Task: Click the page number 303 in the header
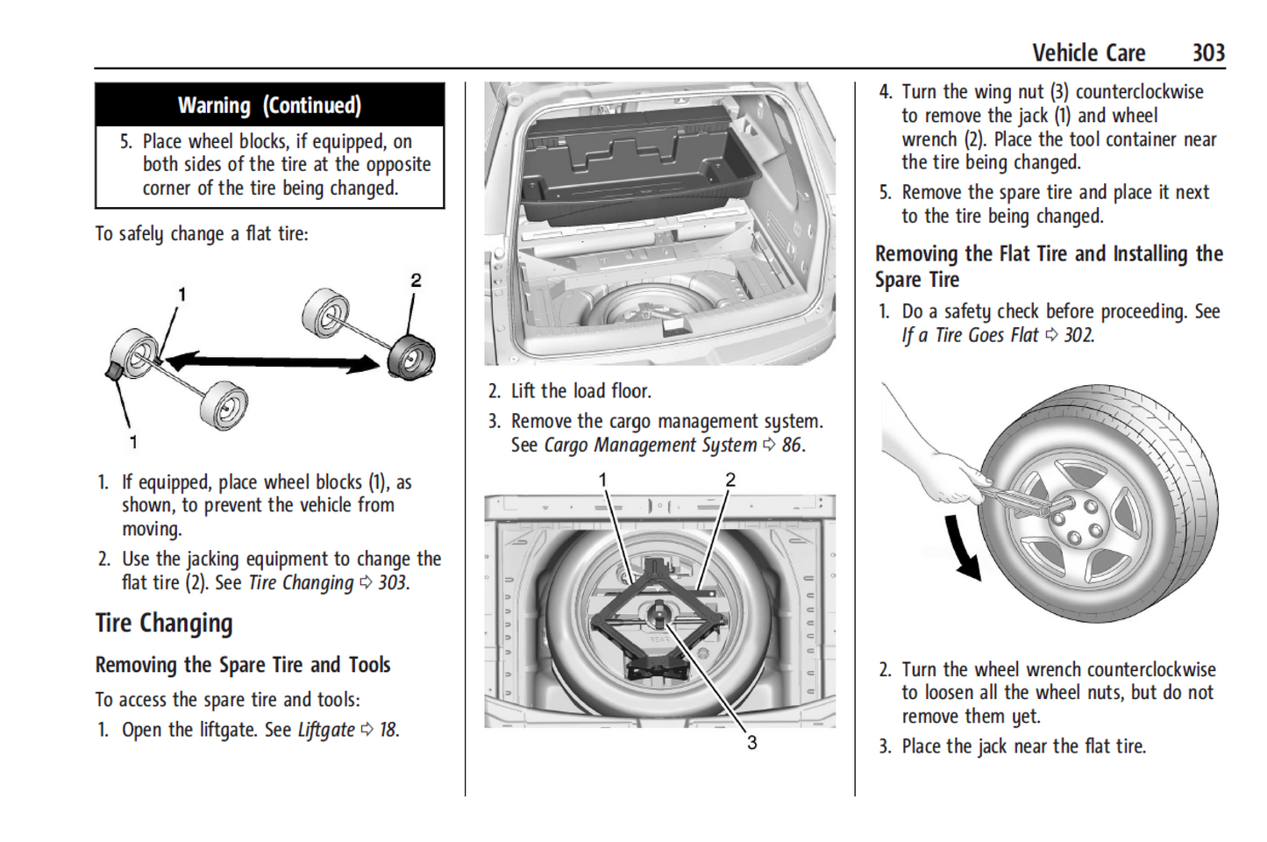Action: click(x=1207, y=53)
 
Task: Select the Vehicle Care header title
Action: click(x=1088, y=53)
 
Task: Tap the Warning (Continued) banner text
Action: click(x=269, y=105)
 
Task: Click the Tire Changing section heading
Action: click(x=164, y=624)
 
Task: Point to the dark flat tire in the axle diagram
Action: click(x=411, y=357)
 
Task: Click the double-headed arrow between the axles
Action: click(x=272, y=360)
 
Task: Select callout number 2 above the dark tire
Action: click(x=416, y=281)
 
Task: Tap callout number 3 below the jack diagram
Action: click(x=751, y=743)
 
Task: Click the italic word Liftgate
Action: click(x=326, y=730)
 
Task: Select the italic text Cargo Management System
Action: click(x=650, y=446)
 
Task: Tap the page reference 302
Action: click(x=1078, y=335)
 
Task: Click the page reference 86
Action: click(x=791, y=446)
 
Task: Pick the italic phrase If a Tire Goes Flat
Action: click(x=970, y=335)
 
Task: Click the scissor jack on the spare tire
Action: click(x=658, y=614)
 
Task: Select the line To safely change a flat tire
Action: click(x=202, y=234)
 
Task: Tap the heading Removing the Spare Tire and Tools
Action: click(x=243, y=665)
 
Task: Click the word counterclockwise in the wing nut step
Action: click(x=1139, y=92)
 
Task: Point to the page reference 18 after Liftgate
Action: click(x=388, y=730)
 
